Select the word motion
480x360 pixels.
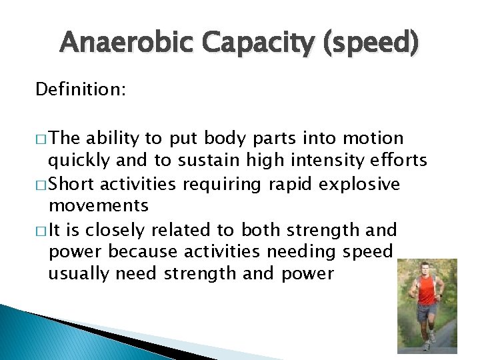[374, 138]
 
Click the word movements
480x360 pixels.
[99, 206]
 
